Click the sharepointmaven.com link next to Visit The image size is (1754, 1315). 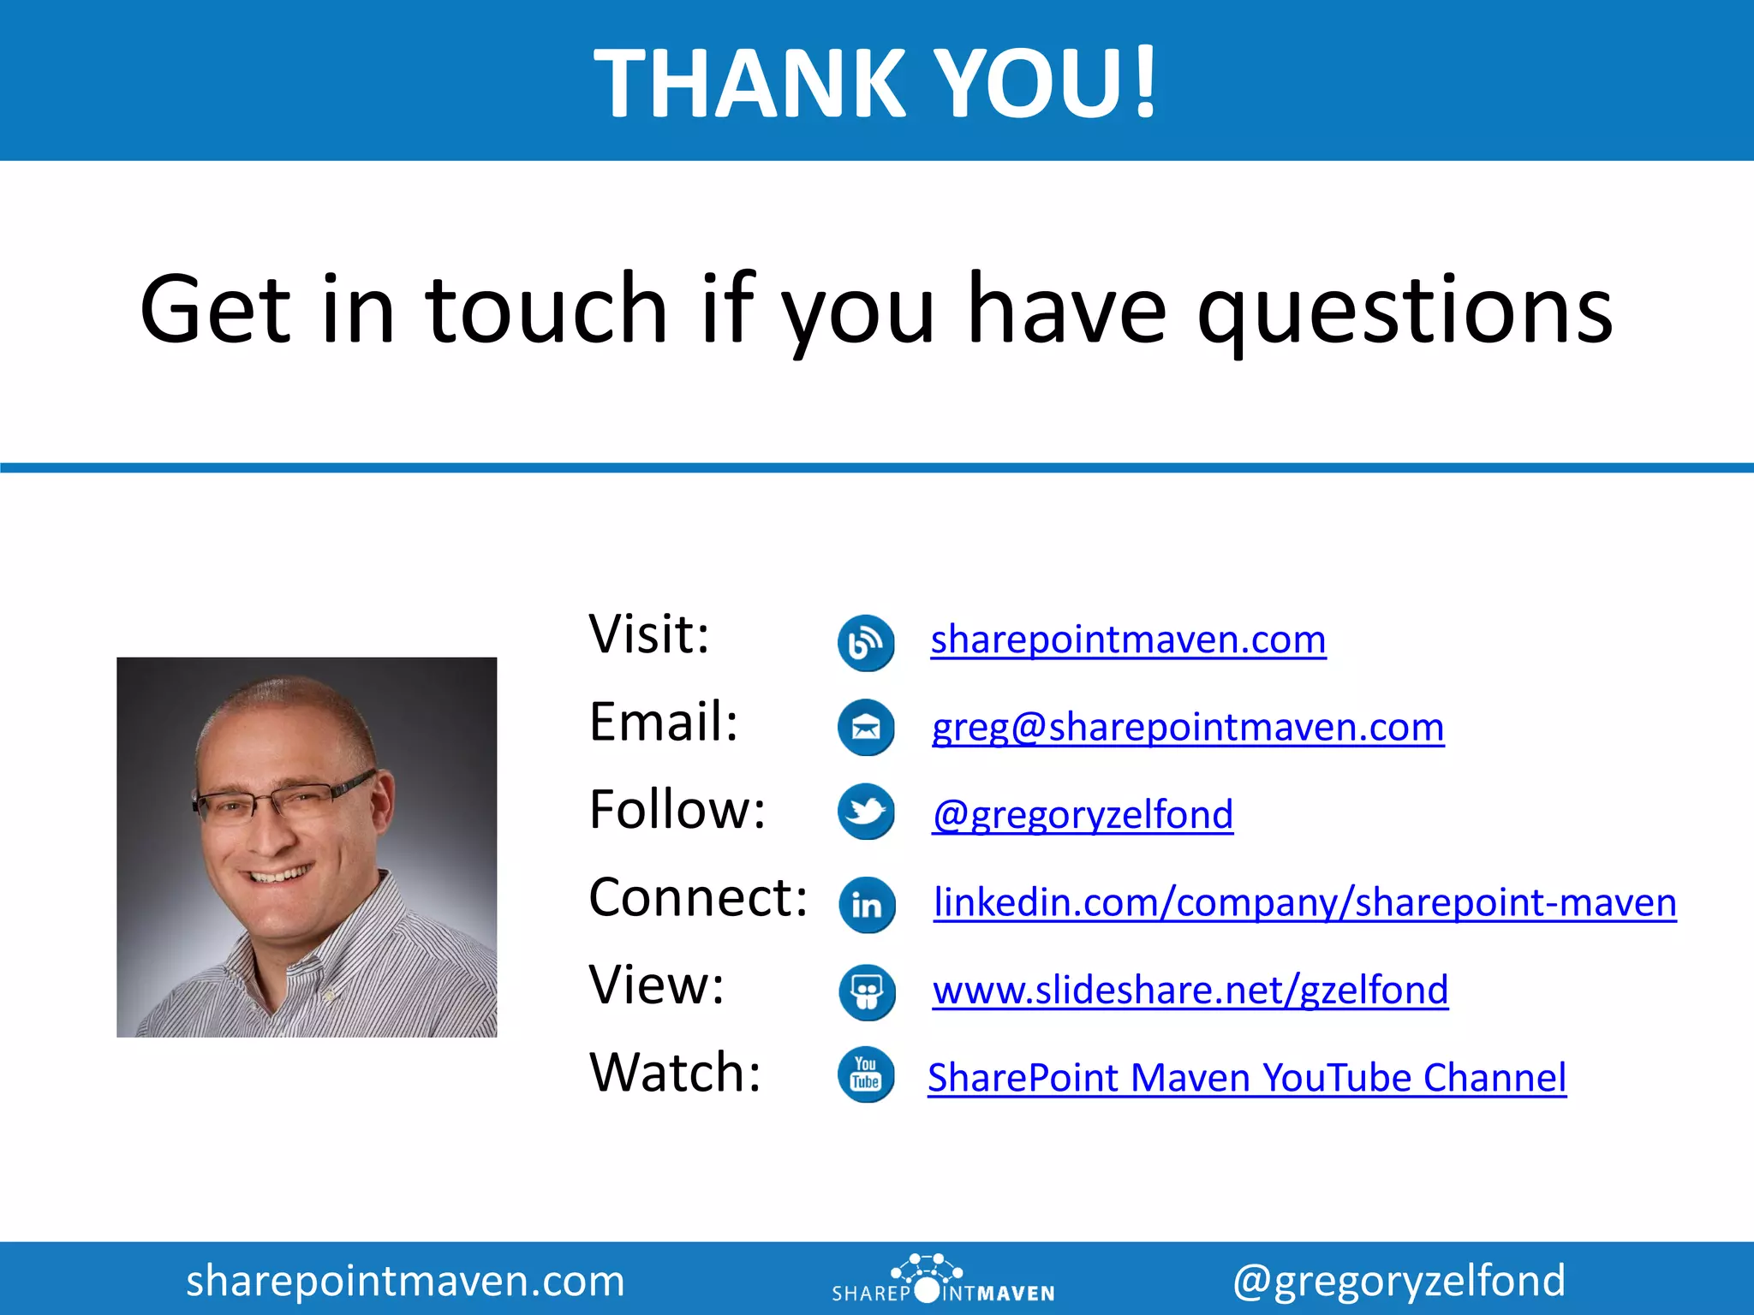pyautogui.click(x=1128, y=640)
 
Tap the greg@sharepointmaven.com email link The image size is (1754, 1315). pyautogui.click(x=1188, y=728)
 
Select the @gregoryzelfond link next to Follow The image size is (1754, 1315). pyautogui.click(x=1083, y=815)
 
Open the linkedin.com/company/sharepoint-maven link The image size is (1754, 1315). pyautogui.click(x=1304, y=902)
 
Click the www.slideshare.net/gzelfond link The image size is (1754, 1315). pyautogui.click(x=1190, y=991)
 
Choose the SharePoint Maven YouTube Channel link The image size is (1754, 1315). pyautogui.click(x=1247, y=1078)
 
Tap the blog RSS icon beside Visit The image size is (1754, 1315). pyautogui.click(x=866, y=643)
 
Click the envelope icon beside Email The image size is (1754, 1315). pyautogui.click(x=866, y=728)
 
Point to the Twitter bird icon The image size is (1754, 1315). pyautogui.click(x=866, y=812)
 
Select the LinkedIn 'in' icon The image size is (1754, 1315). pyautogui.click(x=867, y=905)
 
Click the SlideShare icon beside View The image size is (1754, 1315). pyautogui.click(x=867, y=993)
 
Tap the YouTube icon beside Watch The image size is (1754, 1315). pyautogui.click(x=866, y=1074)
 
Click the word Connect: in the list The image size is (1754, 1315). pyautogui.click(x=698, y=898)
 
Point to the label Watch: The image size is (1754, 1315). pyautogui.click(x=675, y=1073)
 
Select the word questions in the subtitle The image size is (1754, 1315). pyautogui.click(x=1405, y=310)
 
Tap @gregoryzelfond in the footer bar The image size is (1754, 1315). pyautogui.click(x=1399, y=1281)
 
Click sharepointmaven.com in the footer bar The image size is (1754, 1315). pyautogui.click(x=405, y=1281)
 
